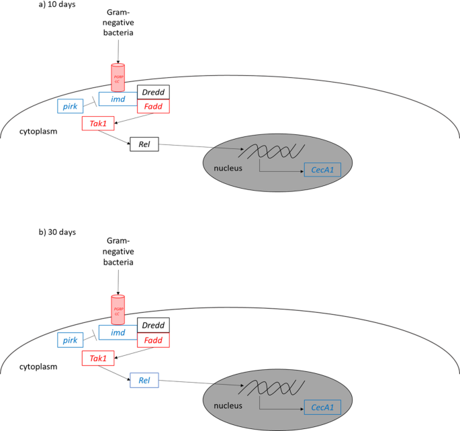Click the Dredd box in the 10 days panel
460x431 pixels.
153,93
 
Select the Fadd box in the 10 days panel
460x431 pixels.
153,106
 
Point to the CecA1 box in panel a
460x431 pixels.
322,171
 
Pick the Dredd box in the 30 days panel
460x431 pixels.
153,326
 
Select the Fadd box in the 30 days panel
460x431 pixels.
153,340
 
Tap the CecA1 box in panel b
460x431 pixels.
322,406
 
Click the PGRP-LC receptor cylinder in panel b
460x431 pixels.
118,309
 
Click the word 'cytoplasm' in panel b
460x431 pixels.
38,367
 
